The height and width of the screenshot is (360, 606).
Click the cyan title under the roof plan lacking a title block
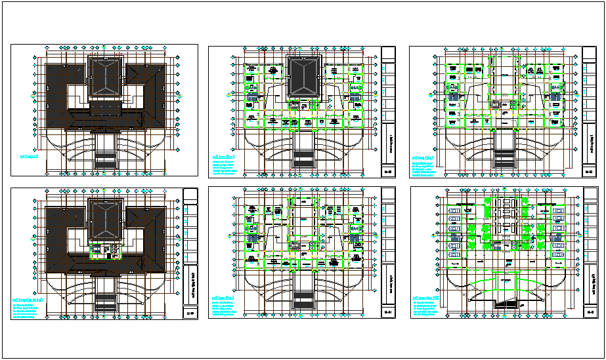pyautogui.click(x=28, y=157)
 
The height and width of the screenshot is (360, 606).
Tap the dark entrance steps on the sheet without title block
pyautogui.click(x=105, y=159)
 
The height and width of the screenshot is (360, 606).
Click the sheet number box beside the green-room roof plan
pyautogui.click(x=190, y=313)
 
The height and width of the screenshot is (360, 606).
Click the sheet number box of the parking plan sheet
pyautogui.click(x=589, y=313)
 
